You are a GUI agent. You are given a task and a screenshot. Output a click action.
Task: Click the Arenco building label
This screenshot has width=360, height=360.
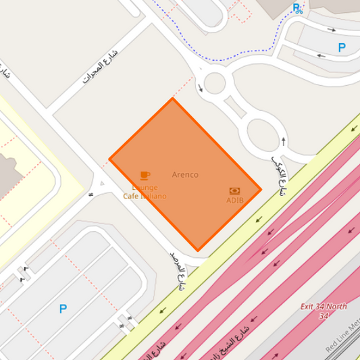185,174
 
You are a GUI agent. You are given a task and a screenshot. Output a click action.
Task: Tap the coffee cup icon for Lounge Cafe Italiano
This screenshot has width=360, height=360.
145,176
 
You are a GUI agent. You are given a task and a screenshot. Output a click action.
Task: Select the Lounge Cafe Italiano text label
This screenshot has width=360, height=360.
145,192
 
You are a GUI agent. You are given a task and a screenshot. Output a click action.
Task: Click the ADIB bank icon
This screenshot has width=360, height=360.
234,191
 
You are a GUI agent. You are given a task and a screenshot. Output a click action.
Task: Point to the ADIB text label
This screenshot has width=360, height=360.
234,200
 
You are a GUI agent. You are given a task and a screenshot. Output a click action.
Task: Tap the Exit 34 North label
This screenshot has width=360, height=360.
324,311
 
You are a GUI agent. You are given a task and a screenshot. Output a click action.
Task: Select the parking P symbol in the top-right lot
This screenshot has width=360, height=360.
342,48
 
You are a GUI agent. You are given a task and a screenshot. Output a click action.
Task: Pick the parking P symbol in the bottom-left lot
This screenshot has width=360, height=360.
63,309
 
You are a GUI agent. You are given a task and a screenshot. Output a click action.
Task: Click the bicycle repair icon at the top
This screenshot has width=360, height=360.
297,8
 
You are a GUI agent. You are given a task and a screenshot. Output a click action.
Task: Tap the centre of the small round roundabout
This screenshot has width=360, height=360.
214,84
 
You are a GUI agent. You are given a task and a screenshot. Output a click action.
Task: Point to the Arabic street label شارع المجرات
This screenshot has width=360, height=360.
100,66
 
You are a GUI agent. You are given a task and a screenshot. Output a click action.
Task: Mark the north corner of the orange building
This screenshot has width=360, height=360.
172,99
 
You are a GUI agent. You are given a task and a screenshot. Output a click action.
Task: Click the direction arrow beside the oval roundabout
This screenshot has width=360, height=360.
283,140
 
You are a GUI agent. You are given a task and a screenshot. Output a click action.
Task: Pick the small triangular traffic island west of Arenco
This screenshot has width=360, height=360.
101,182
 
